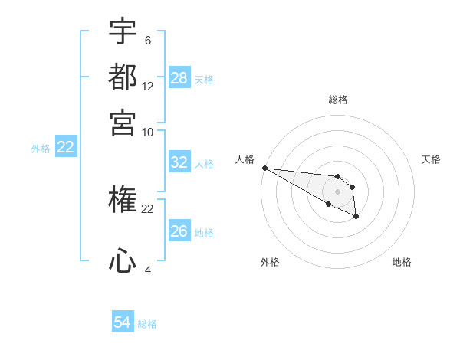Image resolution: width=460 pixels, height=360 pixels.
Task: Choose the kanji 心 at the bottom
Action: coord(123,260)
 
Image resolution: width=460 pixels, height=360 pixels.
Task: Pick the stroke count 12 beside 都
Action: coord(148,86)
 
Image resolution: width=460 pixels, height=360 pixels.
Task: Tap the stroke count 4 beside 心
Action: coord(147,270)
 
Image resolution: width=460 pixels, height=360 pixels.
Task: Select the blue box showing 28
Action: coord(179,78)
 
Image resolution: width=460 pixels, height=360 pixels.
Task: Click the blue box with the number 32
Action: coord(179,162)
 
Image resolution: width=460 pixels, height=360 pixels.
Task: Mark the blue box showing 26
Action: coord(179,231)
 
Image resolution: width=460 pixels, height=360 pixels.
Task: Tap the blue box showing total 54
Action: coord(123,322)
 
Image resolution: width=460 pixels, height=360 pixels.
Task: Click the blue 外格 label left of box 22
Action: coord(41,149)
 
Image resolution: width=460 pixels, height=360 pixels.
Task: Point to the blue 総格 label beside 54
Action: coord(147,324)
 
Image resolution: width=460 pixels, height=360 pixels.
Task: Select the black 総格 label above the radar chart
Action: coord(337,100)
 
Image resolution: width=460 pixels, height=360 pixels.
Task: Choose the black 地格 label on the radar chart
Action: coord(402,262)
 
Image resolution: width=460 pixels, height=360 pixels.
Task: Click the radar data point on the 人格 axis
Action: coord(264,168)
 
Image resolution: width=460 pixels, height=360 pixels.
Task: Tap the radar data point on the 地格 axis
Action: coord(356,218)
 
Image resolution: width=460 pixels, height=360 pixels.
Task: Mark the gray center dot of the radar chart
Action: coord(337,191)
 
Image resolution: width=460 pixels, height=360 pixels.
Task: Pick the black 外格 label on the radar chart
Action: coord(270,262)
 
